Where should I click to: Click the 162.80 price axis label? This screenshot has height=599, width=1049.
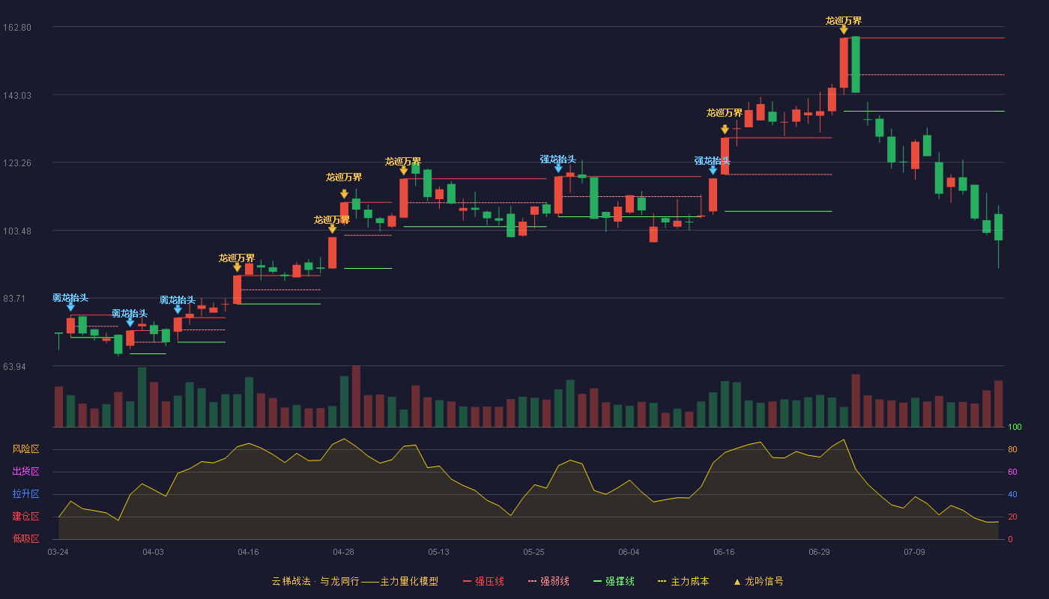click(x=17, y=28)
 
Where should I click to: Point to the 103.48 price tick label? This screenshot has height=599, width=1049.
click(x=17, y=231)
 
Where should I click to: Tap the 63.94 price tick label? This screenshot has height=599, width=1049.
click(x=14, y=367)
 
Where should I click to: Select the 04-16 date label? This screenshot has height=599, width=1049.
click(x=248, y=553)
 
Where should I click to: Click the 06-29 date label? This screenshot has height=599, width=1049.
click(x=819, y=553)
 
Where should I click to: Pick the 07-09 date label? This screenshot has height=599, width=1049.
click(x=914, y=553)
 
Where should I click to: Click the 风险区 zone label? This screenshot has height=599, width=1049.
click(x=25, y=449)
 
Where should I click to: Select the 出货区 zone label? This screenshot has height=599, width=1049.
click(x=25, y=471)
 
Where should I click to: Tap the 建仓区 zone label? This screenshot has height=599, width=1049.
click(x=25, y=516)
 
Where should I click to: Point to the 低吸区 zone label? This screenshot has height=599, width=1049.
click(x=25, y=538)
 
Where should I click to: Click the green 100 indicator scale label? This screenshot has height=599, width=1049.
click(x=1015, y=427)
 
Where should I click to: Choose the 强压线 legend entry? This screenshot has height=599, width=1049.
click(x=483, y=581)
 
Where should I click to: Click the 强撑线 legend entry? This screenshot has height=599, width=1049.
click(x=614, y=581)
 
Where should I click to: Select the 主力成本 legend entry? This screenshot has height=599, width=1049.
click(x=683, y=581)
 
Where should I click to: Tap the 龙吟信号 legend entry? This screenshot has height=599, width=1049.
click(x=758, y=581)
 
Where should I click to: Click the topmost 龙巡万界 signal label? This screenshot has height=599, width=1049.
click(x=844, y=21)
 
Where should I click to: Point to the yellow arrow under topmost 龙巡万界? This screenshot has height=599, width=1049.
click(x=844, y=30)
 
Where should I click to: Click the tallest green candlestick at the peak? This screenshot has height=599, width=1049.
click(x=856, y=64)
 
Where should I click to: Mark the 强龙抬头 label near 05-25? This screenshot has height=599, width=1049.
click(x=557, y=159)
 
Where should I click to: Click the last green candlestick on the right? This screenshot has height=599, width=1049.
click(x=998, y=228)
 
